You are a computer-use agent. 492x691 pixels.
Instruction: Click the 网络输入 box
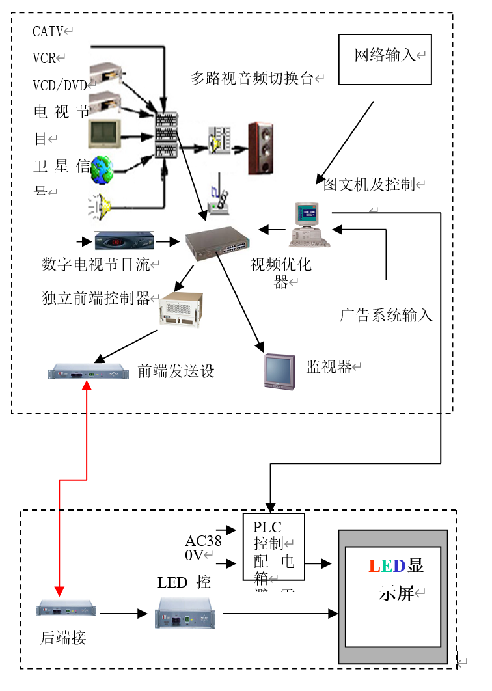click(x=385, y=59)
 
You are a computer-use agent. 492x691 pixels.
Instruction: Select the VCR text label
click(x=45, y=57)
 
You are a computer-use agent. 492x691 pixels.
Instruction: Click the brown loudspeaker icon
click(x=260, y=148)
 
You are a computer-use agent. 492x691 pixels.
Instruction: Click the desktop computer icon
click(x=309, y=224)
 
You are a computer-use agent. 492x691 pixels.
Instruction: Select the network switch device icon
click(x=217, y=243)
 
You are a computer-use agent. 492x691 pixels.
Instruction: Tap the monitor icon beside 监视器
click(x=279, y=370)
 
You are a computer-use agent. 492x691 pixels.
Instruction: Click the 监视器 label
click(x=329, y=366)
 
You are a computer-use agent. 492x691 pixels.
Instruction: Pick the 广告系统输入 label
click(x=386, y=316)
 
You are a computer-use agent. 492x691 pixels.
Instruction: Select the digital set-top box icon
click(x=124, y=241)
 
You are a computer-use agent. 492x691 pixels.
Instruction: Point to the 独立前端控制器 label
click(x=96, y=299)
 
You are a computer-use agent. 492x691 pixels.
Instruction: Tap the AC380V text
click(x=203, y=548)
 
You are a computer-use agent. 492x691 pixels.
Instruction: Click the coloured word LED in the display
click(x=387, y=565)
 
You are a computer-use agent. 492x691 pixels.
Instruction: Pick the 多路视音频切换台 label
click(x=253, y=79)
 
